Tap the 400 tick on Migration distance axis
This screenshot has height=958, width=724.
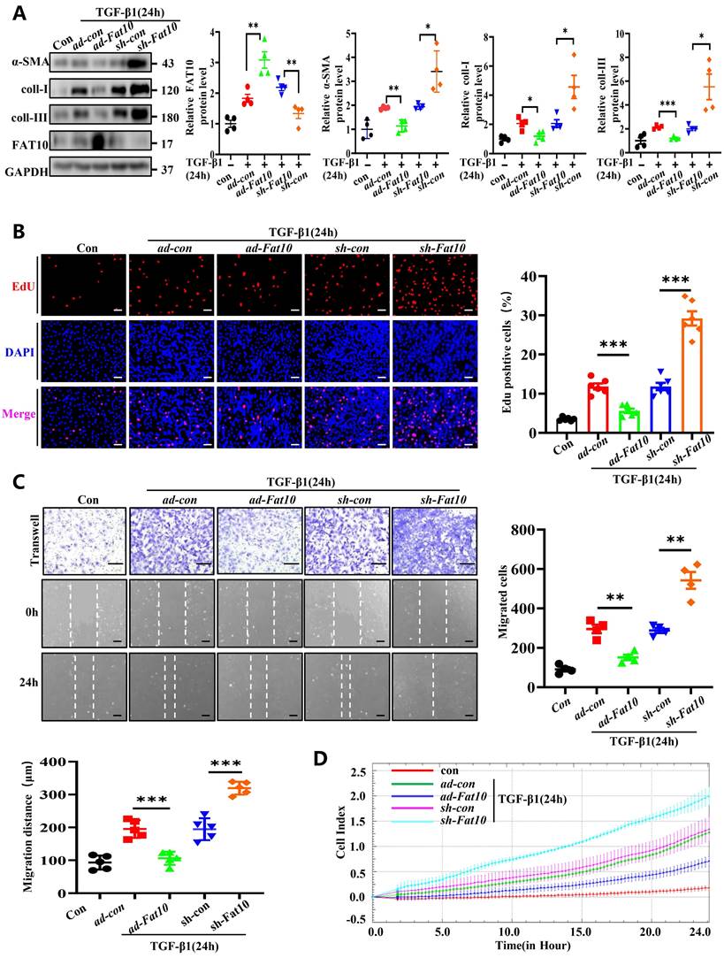point(42,763)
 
